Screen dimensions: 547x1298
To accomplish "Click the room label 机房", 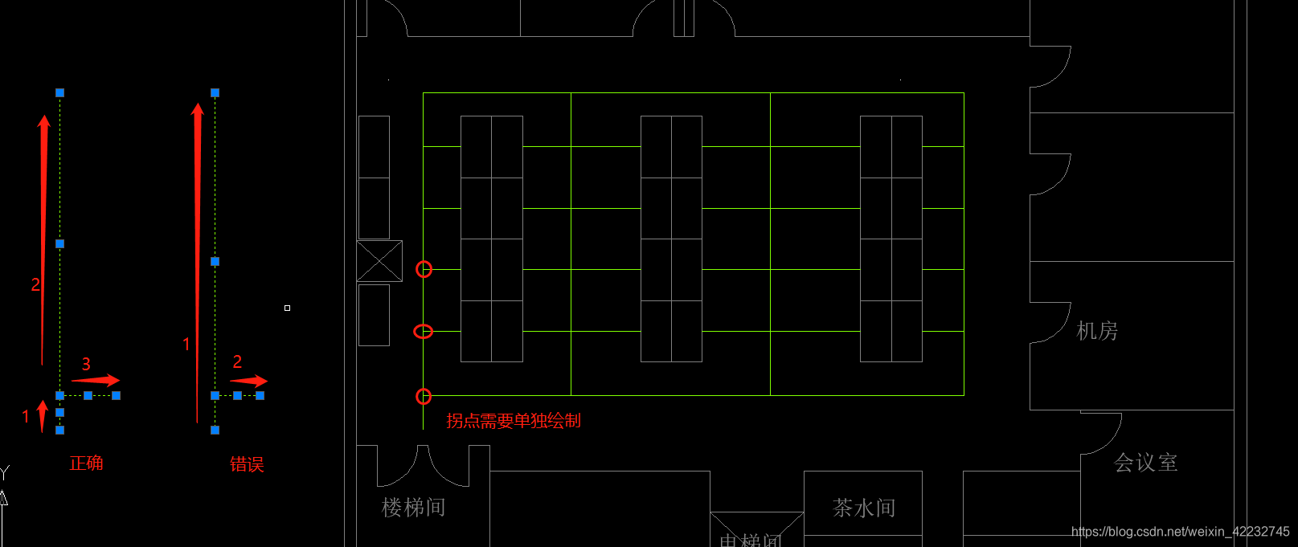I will (x=1097, y=331).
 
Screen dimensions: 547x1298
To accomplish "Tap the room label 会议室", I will (x=1145, y=463).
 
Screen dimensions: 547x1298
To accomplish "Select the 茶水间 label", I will (x=864, y=508).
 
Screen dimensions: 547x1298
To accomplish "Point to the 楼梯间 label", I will (x=413, y=508).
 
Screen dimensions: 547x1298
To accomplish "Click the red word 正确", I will (x=86, y=463).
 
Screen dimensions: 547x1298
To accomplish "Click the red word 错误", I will (x=247, y=464).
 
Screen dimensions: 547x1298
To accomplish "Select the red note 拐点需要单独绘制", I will (x=514, y=421).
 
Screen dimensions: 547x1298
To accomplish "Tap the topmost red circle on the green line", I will (x=424, y=269).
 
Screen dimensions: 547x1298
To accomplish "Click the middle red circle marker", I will (x=423, y=331).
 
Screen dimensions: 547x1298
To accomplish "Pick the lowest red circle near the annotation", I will (x=424, y=396).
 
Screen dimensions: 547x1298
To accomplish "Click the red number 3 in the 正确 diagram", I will (x=86, y=365).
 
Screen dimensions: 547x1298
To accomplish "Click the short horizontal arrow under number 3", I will (x=96, y=380).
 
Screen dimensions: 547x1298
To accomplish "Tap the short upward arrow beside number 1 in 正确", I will (x=43, y=415).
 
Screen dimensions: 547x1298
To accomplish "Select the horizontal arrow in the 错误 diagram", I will (x=249, y=380).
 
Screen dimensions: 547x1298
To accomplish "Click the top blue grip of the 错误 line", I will (x=215, y=93).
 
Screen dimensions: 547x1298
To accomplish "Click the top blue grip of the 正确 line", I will (x=59, y=93).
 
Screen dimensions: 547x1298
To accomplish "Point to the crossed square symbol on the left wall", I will (x=379, y=261).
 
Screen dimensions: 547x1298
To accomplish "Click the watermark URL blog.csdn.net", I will (x=1180, y=532).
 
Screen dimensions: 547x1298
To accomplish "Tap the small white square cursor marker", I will (x=287, y=308).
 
